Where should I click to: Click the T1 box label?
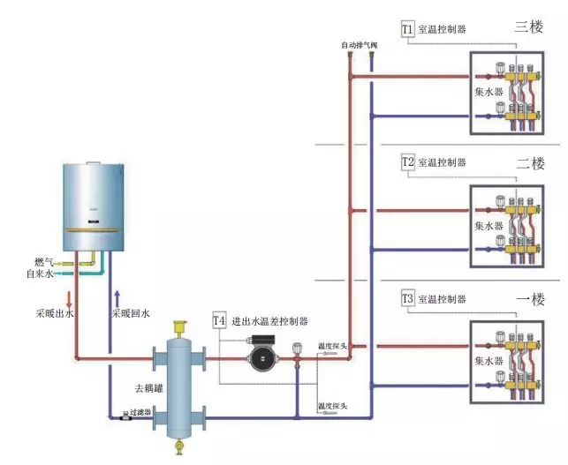pyautogui.click(x=407, y=29)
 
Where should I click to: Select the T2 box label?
pyautogui.click(x=407, y=162)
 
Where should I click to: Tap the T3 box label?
pyautogui.click(x=407, y=297)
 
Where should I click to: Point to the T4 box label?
pyautogui.click(x=219, y=320)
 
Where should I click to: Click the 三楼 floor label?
pyautogui.click(x=527, y=27)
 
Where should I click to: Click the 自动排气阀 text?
pyautogui.click(x=360, y=44)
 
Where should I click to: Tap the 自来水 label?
pyautogui.click(x=42, y=274)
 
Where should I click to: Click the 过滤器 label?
pyautogui.click(x=141, y=412)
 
